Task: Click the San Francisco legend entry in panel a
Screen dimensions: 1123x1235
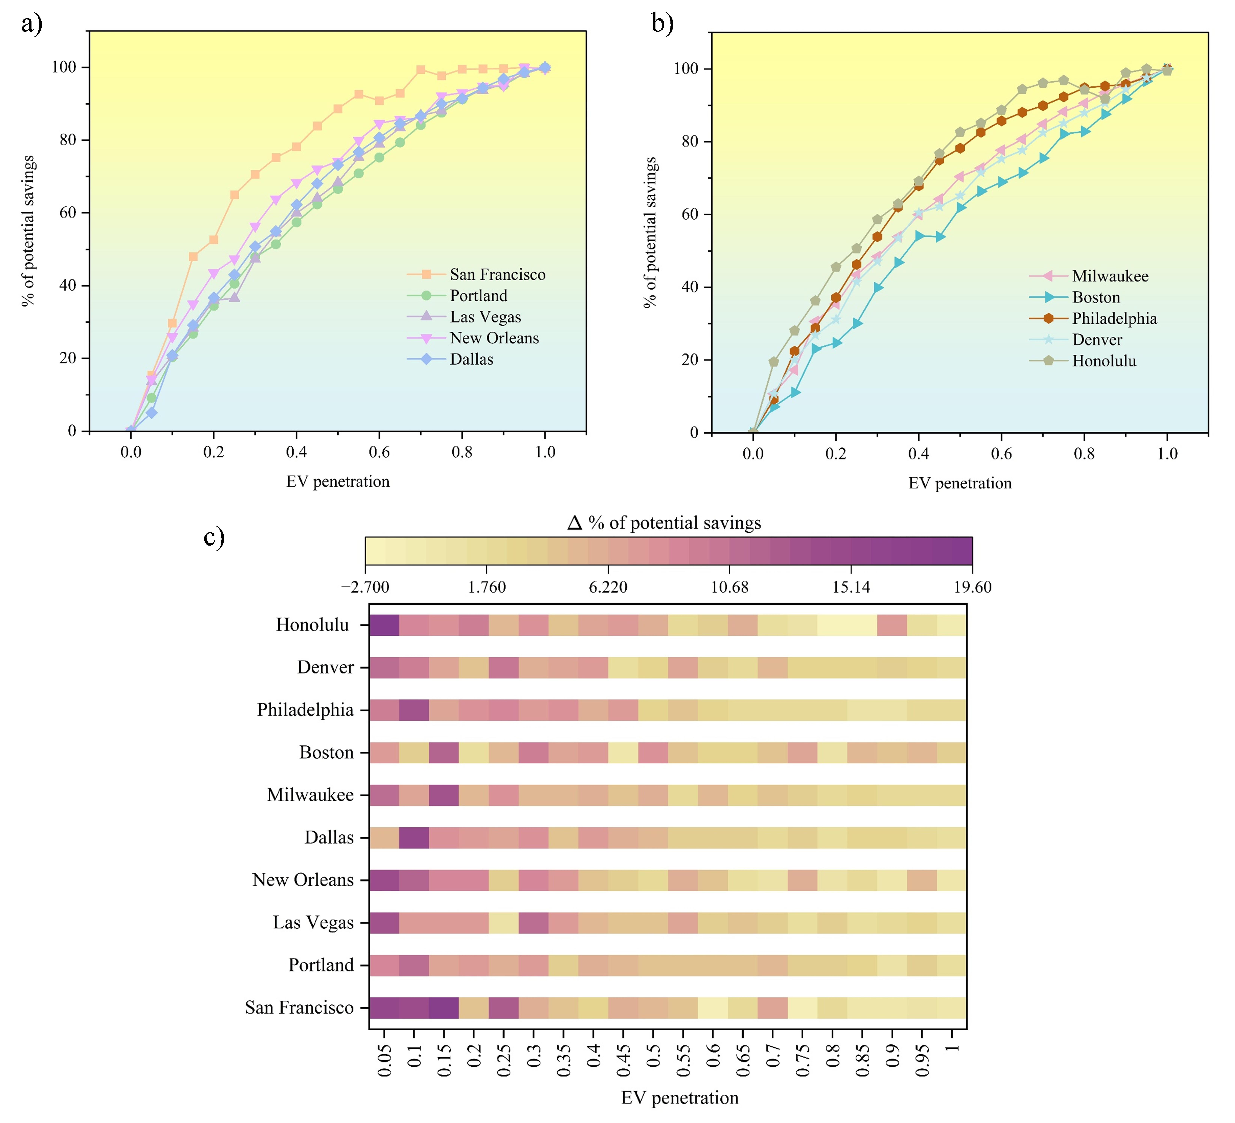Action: click(497, 274)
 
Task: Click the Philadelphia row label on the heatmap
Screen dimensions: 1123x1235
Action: click(305, 710)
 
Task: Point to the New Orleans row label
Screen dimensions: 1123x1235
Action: click(303, 880)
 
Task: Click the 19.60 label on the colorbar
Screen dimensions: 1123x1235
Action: click(972, 588)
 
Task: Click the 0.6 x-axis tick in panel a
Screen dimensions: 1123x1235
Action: click(379, 452)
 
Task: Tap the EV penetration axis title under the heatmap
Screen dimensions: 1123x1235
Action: click(679, 1098)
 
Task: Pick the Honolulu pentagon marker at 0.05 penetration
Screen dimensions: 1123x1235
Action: click(774, 362)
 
